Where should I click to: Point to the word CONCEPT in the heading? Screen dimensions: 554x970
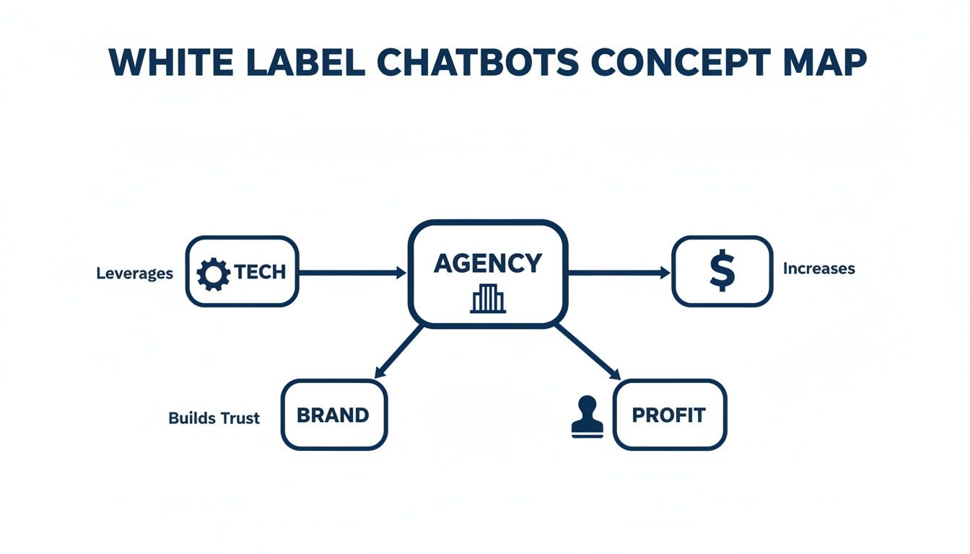[673, 63]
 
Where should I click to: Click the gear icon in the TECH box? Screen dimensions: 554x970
[213, 273]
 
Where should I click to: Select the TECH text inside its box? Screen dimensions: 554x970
[259, 272]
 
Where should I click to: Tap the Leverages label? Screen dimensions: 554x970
[134, 273]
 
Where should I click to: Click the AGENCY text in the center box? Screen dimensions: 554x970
[487, 263]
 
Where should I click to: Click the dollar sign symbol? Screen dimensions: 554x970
[722, 271]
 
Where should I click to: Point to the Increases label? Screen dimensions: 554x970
[818, 268]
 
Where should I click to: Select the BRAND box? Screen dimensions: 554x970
[333, 415]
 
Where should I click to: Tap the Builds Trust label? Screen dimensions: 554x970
[214, 418]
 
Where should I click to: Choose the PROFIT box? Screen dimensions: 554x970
[669, 415]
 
